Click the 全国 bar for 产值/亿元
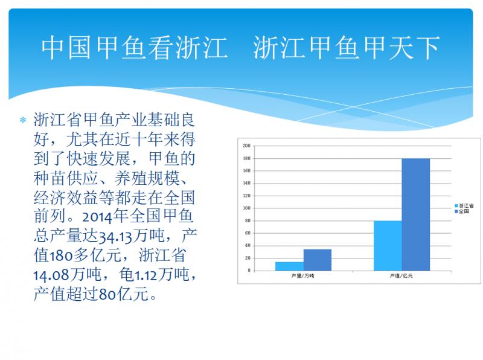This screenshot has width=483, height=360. (x=415, y=214)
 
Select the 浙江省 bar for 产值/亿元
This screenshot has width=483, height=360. (x=388, y=246)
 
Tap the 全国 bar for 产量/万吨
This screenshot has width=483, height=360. (x=318, y=260)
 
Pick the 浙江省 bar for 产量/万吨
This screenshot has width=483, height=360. (x=289, y=266)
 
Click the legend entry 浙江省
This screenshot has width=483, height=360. (x=464, y=205)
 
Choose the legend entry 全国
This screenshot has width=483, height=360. (x=462, y=211)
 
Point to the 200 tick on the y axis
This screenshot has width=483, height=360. (x=247, y=146)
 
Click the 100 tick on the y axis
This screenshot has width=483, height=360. (x=247, y=208)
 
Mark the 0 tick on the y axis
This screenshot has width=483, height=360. (x=249, y=271)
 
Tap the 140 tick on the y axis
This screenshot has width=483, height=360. (x=247, y=183)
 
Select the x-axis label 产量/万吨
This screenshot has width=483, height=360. (x=303, y=275)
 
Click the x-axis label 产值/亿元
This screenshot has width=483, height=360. (x=401, y=275)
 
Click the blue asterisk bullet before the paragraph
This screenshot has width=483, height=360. (x=23, y=120)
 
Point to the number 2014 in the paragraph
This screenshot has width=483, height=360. (x=97, y=217)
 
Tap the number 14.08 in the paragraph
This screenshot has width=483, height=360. (x=51, y=275)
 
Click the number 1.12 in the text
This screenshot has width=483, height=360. (x=145, y=275)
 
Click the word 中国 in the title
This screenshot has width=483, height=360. (x=67, y=47)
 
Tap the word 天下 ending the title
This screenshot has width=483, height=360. (x=414, y=47)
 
